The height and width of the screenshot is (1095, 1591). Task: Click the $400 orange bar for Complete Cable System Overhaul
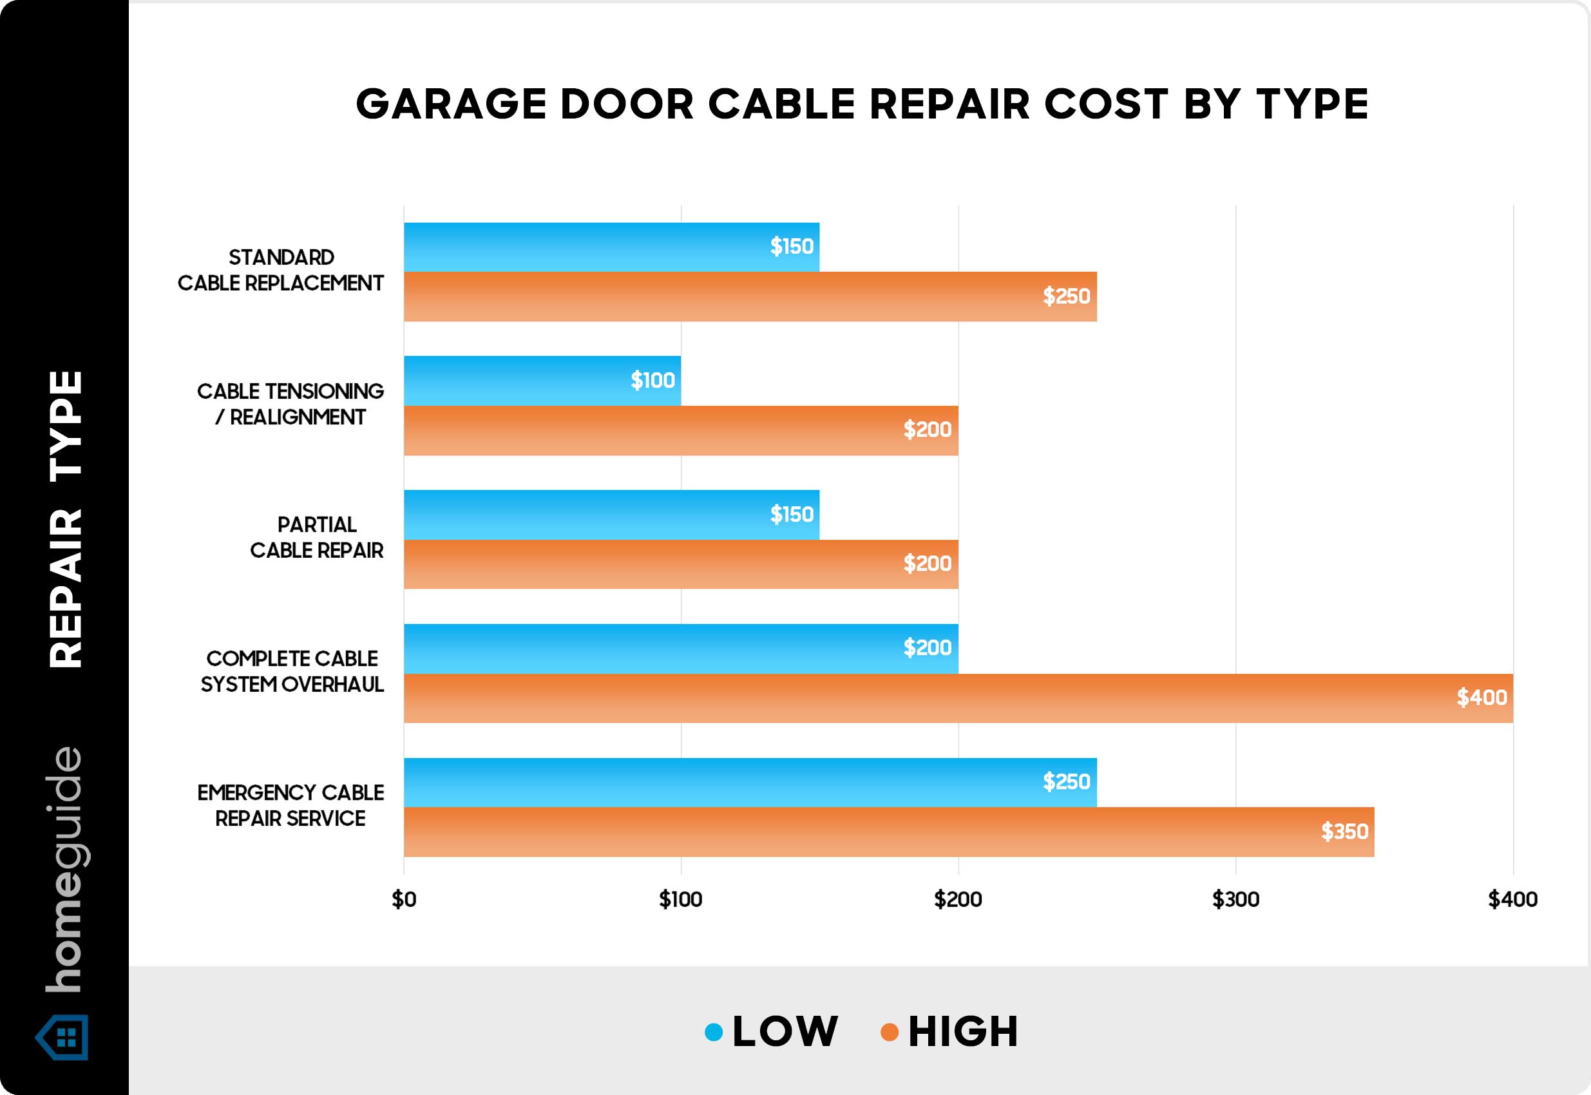[x=958, y=698]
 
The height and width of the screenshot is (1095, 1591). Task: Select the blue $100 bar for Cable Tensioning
[x=542, y=380]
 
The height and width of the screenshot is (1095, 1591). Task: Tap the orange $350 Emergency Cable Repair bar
[x=888, y=832]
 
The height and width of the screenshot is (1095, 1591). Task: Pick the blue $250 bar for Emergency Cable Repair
[x=750, y=782]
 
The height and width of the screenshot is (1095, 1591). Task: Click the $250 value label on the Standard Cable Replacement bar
[x=1066, y=296]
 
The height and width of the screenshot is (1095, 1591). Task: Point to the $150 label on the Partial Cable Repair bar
[x=792, y=515]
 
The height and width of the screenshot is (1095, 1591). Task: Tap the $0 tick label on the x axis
[x=403, y=899]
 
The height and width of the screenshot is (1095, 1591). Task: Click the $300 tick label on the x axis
[x=1235, y=899]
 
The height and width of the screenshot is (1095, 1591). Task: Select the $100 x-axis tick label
[x=681, y=899]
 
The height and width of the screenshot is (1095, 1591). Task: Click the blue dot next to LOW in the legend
[x=714, y=1032]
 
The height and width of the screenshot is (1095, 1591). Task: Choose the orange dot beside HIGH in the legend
[x=889, y=1032]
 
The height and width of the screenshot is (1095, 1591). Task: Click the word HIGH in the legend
[x=963, y=1032]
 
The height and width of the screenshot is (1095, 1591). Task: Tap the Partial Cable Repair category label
[x=316, y=538]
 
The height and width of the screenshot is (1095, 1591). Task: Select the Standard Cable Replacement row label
[x=281, y=271]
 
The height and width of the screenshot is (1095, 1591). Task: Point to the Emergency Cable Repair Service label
[x=291, y=806]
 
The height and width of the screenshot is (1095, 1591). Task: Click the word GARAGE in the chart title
[x=451, y=104]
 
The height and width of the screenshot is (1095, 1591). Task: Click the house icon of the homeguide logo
[x=62, y=1038]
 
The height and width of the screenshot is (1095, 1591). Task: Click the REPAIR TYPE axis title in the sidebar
[x=66, y=519]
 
